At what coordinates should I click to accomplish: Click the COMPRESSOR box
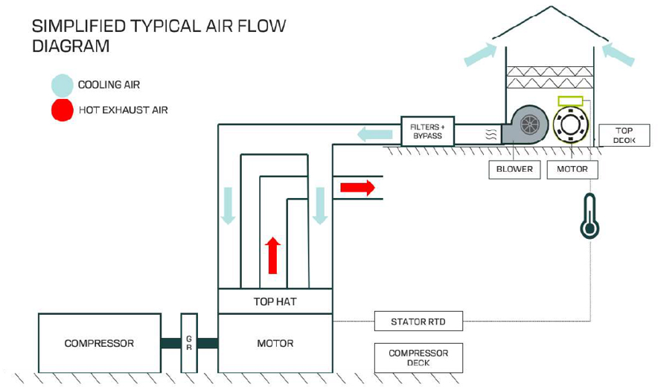point(99,343)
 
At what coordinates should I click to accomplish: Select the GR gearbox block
point(189,343)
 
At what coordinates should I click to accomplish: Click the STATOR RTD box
point(418,322)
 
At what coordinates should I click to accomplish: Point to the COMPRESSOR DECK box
point(418,358)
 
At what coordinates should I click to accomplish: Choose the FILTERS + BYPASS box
point(427,131)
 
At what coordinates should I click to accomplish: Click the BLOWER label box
point(514,169)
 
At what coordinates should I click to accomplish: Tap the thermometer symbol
point(590,217)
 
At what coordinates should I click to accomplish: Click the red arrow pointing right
point(357,187)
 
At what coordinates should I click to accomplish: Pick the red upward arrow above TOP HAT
point(273,255)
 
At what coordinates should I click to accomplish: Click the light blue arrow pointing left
point(374,135)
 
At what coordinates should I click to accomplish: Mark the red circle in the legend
point(63,109)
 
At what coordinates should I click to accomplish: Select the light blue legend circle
point(63,85)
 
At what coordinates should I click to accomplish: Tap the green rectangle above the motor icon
point(571,100)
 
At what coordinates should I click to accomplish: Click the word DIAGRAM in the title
point(71,46)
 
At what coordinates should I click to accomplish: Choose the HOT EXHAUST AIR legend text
point(123,110)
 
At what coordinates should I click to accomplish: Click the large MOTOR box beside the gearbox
point(275,343)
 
